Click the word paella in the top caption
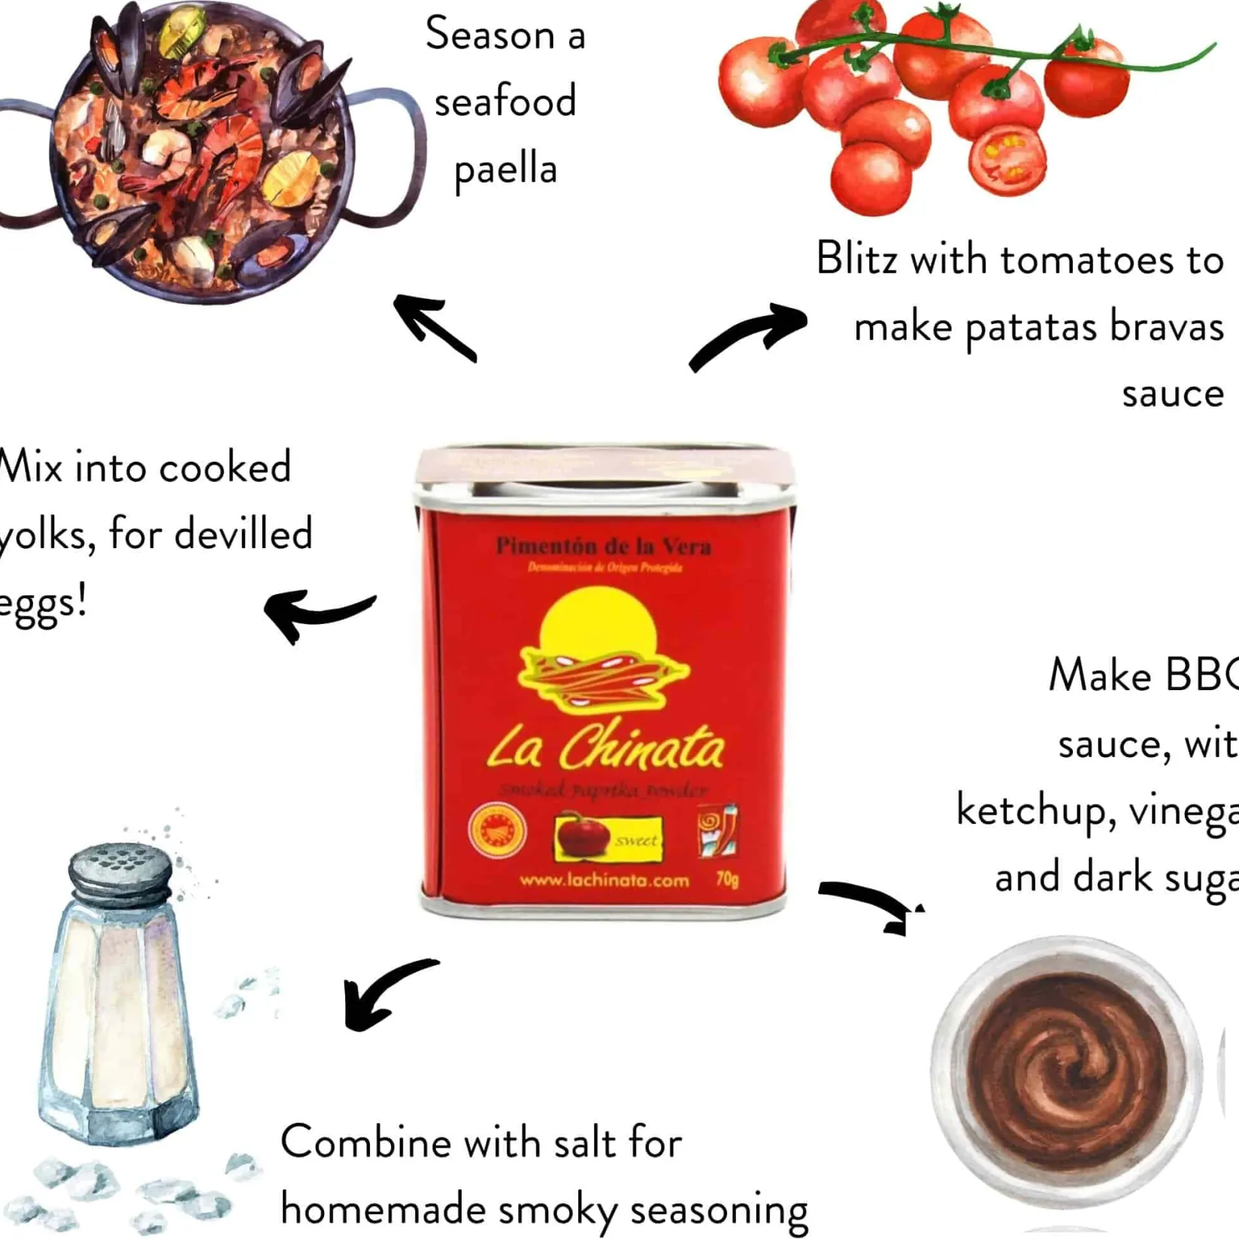[505, 170]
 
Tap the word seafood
[505, 101]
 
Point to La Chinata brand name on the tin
[606, 748]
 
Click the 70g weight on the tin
[727, 879]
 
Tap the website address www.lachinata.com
[604, 880]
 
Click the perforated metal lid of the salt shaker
[120, 871]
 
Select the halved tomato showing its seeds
[1007, 160]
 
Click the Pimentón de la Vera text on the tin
[603, 547]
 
